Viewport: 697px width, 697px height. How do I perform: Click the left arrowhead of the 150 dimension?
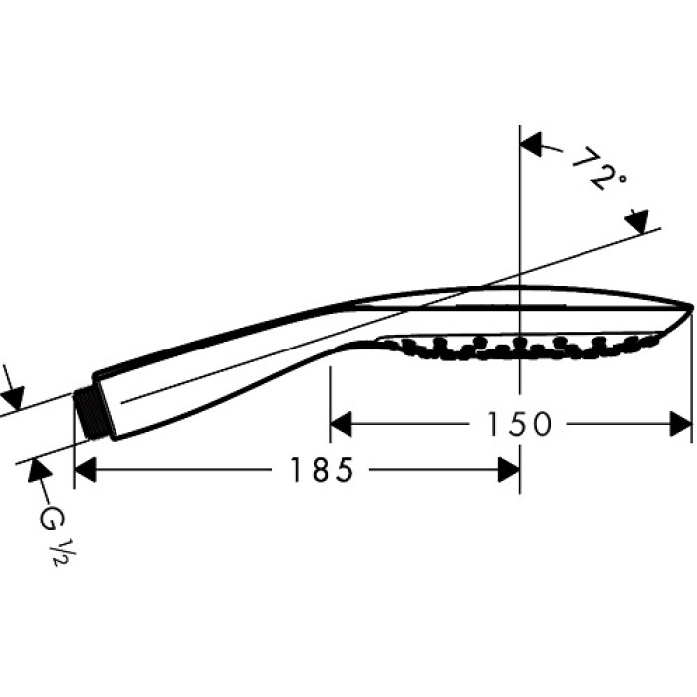(x=340, y=425)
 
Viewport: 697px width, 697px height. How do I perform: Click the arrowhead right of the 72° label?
(x=637, y=220)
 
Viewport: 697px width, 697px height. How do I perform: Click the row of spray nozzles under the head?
(x=518, y=347)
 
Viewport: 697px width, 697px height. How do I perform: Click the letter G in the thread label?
(x=47, y=518)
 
